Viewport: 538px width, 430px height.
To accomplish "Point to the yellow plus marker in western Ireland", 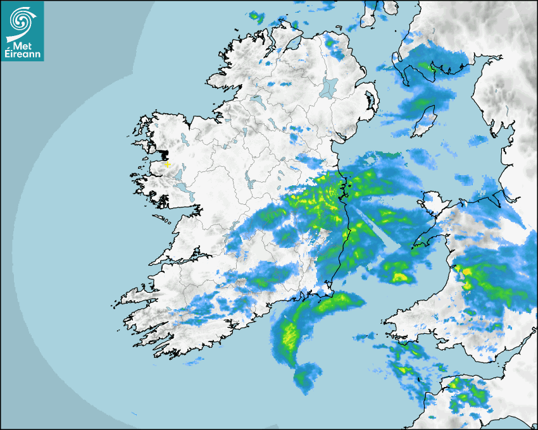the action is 167,164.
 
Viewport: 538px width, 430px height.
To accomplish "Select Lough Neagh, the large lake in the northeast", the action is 330,87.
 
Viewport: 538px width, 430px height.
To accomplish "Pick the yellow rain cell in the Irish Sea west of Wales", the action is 400,276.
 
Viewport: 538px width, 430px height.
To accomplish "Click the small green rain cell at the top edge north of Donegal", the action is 256,16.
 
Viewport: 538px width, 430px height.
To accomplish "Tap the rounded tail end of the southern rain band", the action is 306,376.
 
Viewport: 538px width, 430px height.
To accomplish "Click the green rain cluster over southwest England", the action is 468,395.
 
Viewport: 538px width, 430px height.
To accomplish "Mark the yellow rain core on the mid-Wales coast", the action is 466,273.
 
